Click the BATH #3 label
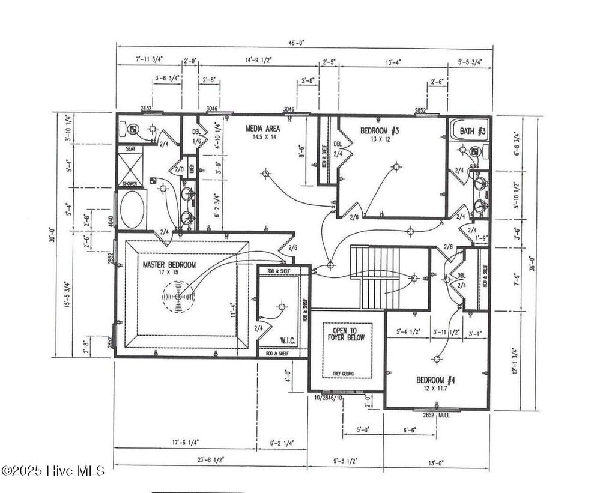point(473,130)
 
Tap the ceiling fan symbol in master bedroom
point(177,296)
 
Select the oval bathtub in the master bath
point(132,210)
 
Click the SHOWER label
point(130,184)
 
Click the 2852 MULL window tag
point(436,415)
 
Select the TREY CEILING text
point(343,374)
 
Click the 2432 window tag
point(146,109)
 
